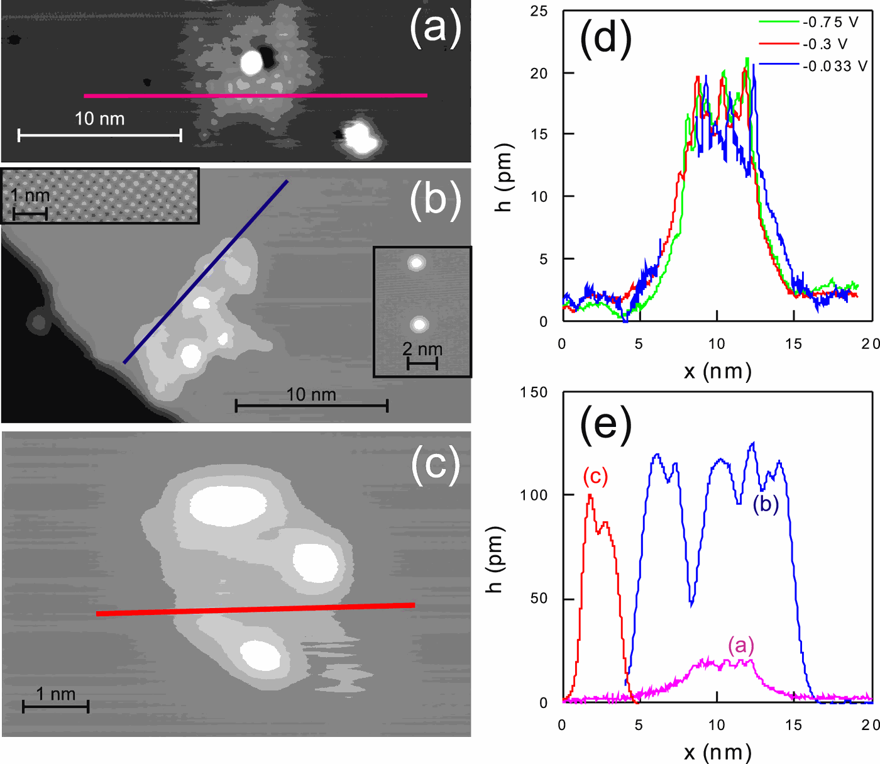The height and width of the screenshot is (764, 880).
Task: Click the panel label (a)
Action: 435,29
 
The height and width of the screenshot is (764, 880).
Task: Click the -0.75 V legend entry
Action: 808,22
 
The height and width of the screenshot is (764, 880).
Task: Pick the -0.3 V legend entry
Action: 803,43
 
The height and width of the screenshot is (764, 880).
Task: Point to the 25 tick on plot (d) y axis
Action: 539,11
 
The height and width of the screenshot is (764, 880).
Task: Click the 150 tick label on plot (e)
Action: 534,392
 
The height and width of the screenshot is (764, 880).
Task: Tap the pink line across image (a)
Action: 255,96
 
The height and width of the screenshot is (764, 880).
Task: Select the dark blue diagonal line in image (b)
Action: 206,272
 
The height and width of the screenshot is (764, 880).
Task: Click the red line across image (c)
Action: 255,609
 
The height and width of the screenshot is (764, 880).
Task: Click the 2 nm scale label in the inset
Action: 422,349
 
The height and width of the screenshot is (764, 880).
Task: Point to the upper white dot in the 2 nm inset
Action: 416,262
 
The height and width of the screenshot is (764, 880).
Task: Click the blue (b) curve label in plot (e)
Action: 766,504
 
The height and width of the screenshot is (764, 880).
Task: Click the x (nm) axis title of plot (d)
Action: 718,371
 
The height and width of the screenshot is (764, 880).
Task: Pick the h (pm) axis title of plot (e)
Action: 496,559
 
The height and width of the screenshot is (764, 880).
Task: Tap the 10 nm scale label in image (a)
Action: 100,119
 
